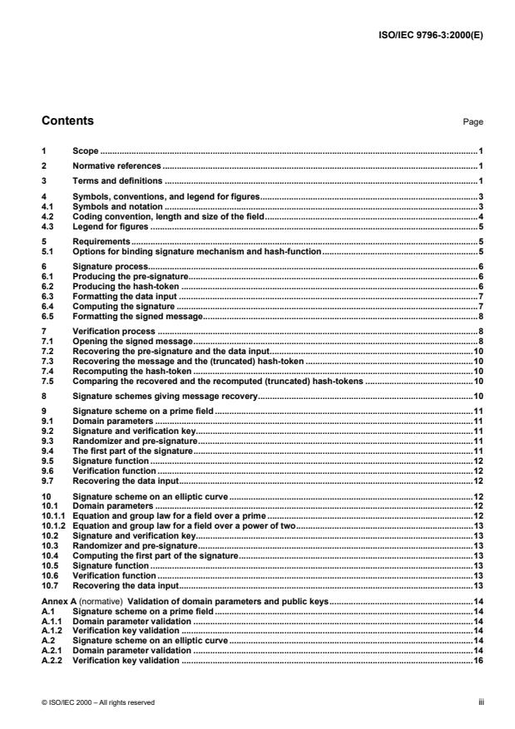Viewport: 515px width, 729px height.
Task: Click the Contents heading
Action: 67,121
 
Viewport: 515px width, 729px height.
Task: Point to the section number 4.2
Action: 48,216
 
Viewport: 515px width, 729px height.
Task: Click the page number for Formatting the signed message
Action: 481,316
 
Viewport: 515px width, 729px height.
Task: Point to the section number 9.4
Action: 47,449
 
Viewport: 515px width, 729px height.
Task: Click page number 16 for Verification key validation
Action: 478,659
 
